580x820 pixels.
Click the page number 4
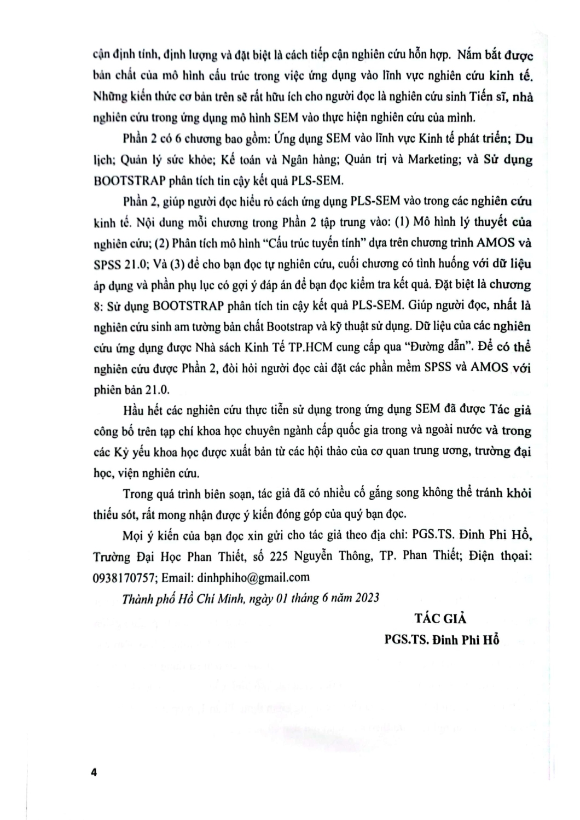(94, 772)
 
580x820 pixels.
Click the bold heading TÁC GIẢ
(440, 618)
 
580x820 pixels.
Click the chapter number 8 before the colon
(97, 305)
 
